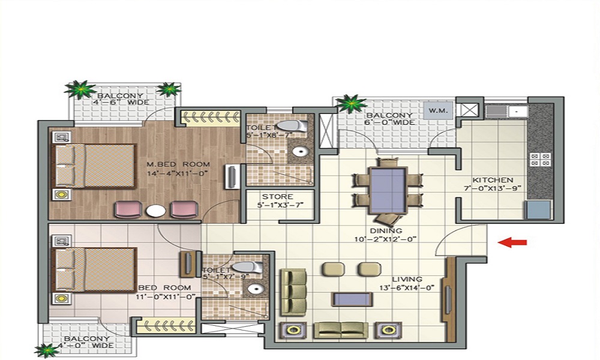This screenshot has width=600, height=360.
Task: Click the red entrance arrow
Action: (x=512, y=242)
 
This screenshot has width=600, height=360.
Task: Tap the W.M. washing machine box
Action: (x=438, y=111)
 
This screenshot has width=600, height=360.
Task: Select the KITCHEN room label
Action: (x=493, y=180)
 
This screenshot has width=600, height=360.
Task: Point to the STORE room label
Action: (x=278, y=197)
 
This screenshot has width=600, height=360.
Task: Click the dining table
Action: (x=388, y=190)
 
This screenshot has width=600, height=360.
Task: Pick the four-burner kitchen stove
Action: (x=540, y=160)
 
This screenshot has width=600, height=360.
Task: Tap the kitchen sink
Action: (x=507, y=112)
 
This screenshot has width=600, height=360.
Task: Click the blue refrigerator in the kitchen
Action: (x=539, y=209)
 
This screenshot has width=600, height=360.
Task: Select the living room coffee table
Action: (x=352, y=299)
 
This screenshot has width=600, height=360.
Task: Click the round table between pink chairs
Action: (x=156, y=211)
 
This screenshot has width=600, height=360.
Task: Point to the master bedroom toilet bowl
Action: (x=292, y=126)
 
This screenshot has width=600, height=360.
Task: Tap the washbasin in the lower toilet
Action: (x=255, y=288)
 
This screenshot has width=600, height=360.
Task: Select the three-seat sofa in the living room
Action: (x=293, y=292)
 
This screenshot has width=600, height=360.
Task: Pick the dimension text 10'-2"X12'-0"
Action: (x=386, y=239)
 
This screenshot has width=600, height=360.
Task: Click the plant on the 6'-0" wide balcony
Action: (x=351, y=103)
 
